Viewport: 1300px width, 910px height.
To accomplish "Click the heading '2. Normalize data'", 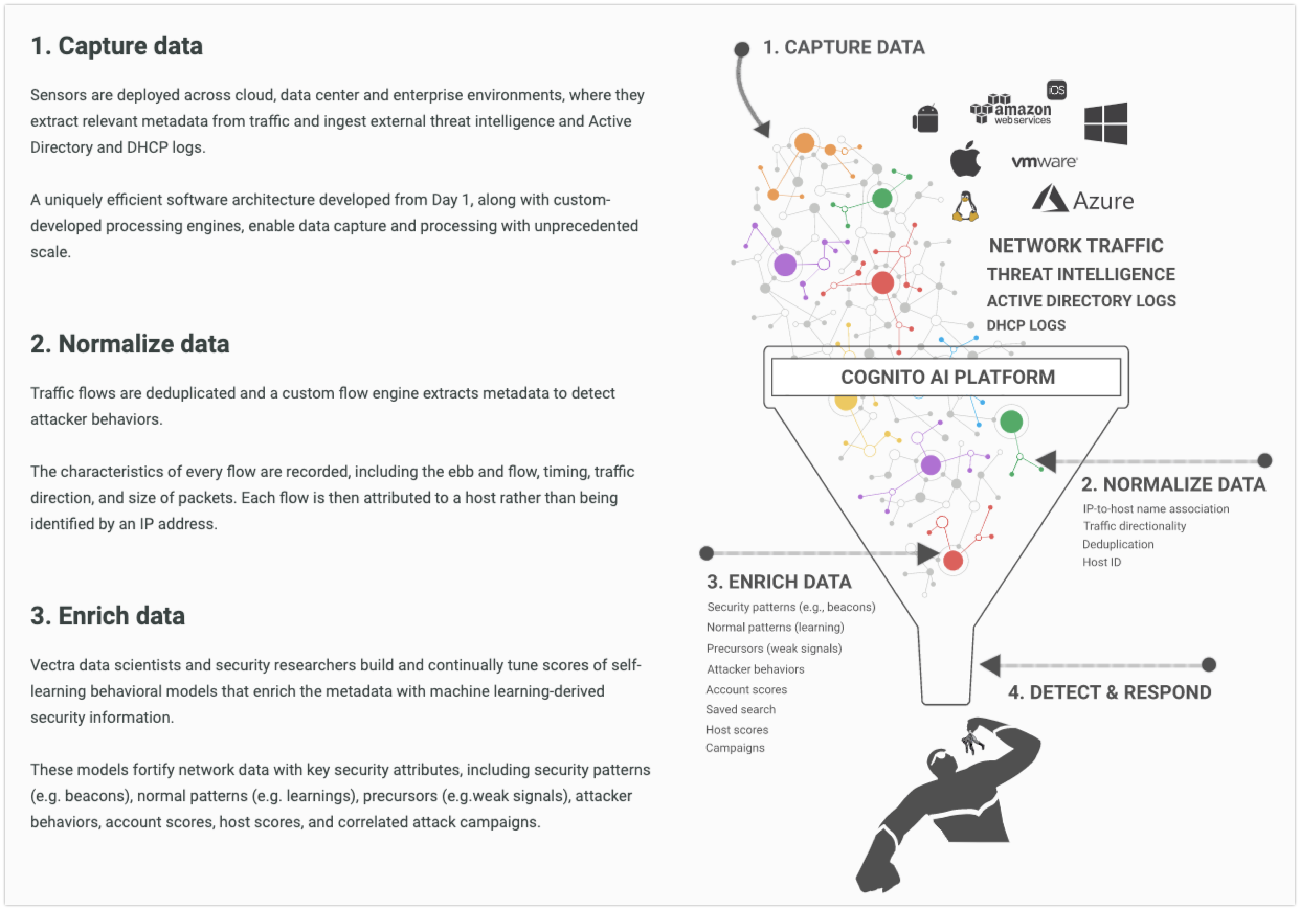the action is [130, 344].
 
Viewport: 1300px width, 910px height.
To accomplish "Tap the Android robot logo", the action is [925, 118].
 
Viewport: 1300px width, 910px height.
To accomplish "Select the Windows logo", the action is [1105, 123].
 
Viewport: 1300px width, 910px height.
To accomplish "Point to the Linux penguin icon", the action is [966, 206].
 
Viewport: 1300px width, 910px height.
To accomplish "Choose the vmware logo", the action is [1044, 162].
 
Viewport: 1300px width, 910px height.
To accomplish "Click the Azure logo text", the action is [1104, 201].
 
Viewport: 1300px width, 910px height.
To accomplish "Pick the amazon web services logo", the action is [1011, 109].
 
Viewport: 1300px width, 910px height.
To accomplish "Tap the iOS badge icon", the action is [1057, 90].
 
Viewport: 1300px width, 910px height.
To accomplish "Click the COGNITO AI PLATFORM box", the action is [946, 377].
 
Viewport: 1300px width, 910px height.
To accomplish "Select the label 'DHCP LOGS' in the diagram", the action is [1026, 325].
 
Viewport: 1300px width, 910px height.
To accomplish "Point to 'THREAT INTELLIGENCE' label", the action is [1081, 275].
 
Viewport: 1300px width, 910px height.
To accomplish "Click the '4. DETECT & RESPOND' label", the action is [1109, 692].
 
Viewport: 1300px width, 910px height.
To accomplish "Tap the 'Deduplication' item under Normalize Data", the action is [1118, 544].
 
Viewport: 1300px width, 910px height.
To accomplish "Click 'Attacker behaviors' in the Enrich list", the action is [755, 669].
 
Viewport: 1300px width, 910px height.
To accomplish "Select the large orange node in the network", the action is [804, 143].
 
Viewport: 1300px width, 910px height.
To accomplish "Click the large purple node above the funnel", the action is [785, 264].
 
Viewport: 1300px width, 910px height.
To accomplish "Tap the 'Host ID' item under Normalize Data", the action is [1102, 563].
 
